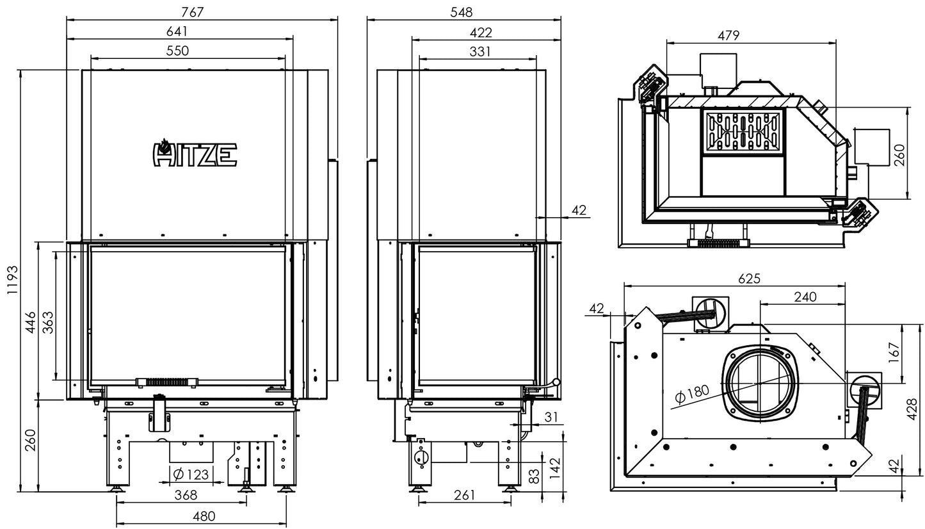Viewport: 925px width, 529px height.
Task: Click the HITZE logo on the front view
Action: pyautogui.click(x=195, y=154)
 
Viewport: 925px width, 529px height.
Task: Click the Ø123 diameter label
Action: pyautogui.click(x=190, y=475)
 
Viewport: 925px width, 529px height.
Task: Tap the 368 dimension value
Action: pyautogui.click(x=186, y=495)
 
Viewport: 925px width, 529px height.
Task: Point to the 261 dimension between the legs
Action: pyautogui.click(x=464, y=495)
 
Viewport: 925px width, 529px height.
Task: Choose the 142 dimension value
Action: pyautogui.click(x=556, y=462)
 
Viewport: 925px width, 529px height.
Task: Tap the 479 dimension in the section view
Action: pyautogui.click(x=728, y=36)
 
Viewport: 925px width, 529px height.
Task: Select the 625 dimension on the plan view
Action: pyautogui.click(x=748, y=279)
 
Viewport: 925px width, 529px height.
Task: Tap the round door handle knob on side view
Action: pyautogui.click(x=556, y=383)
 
